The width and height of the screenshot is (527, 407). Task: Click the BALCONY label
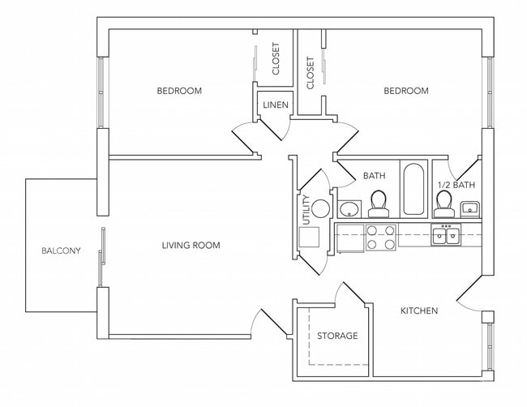(x=61, y=251)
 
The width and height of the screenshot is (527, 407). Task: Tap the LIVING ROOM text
(x=191, y=245)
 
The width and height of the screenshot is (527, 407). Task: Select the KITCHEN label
(x=419, y=311)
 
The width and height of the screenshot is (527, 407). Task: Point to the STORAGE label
(x=336, y=336)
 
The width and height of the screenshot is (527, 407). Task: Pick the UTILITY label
(x=306, y=209)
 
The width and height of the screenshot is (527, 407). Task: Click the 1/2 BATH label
(x=456, y=185)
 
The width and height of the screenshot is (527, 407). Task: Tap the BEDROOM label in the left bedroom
(x=179, y=91)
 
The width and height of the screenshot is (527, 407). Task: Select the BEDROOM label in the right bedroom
(x=405, y=91)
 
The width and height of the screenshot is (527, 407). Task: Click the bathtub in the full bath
(x=413, y=190)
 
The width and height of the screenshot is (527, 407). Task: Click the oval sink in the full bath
(x=349, y=209)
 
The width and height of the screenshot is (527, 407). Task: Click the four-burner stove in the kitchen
(x=381, y=238)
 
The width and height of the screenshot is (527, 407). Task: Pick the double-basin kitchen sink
(x=446, y=236)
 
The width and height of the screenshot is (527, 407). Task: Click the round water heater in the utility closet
(x=321, y=208)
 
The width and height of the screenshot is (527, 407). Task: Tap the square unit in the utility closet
(x=310, y=238)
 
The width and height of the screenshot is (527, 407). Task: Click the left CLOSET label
(x=276, y=59)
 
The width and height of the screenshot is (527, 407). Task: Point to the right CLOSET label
(x=311, y=73)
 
